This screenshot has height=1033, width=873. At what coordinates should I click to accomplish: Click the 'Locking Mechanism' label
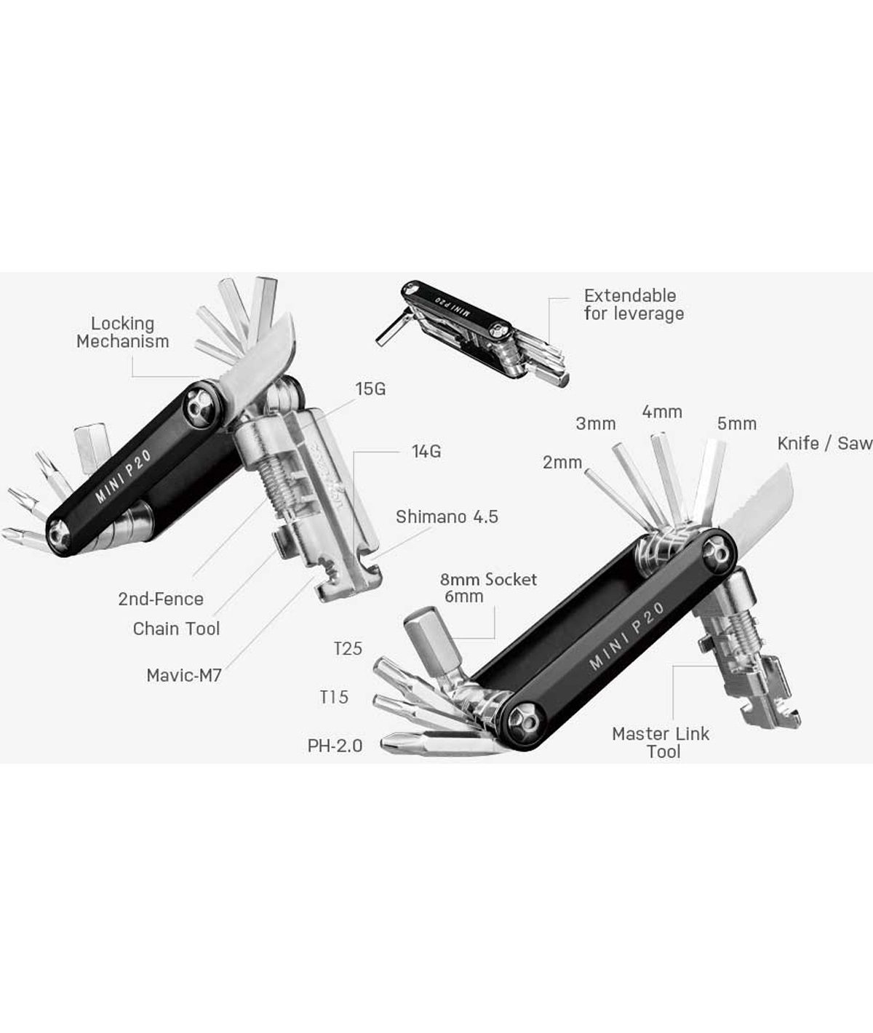[123, 332]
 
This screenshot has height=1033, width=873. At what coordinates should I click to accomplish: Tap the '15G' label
[370, 389]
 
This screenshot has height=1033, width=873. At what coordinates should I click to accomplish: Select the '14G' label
[426, 451]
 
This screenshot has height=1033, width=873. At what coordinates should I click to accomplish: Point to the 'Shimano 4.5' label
[447, 516]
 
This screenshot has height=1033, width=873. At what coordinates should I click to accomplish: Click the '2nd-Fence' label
[161, 599]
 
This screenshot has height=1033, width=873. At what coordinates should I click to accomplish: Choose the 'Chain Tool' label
[176, 629]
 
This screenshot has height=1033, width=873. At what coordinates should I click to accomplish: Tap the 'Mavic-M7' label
[184, 675]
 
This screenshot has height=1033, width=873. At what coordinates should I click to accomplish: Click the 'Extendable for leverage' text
[634, 305]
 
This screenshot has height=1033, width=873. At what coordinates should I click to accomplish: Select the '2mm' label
[562, 462]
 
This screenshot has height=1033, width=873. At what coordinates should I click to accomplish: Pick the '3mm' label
[596, 423]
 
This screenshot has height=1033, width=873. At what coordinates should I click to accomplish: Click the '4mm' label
[662, 412]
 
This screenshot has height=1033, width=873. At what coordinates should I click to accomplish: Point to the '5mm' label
[737, 423]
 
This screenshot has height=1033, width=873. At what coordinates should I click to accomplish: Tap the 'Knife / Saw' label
[824, 443]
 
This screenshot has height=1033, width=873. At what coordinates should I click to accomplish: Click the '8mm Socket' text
[488, 579]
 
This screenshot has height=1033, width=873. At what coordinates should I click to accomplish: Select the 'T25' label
[348, 649]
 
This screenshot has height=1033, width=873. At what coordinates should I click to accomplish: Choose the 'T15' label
[334, 697]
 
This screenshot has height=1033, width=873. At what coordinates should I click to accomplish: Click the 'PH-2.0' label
[335, 746]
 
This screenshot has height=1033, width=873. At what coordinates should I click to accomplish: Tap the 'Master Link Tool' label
[661, 743]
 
